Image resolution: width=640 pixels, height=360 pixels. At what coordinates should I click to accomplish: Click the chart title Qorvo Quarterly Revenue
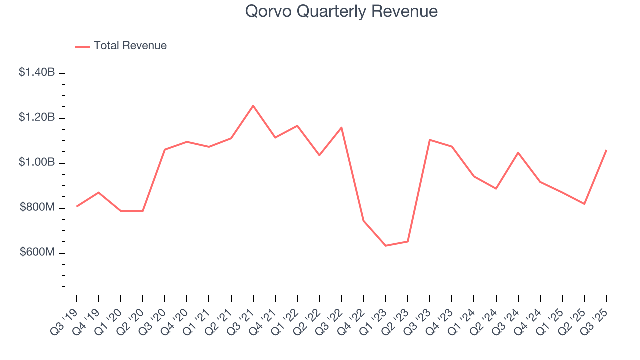pyautogui.click(x=341, y=11)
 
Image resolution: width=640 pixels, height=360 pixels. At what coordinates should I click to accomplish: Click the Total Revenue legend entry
pyautogui.click(x=121, y=46)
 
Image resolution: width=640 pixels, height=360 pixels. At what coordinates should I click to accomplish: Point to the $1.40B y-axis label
pyautogui.click(x=37, y=72)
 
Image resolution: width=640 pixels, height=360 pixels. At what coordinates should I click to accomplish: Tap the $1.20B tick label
pyautogui.click(x=37, y=117)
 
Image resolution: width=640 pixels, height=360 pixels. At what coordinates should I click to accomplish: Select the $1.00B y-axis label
pyautogui.click(x=37, y=162)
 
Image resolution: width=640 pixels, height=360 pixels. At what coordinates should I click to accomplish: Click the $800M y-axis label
pyautogui.click(x=37, y=207)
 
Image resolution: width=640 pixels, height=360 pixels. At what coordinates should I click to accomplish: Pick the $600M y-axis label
pyautogui.click(x=37, y=252)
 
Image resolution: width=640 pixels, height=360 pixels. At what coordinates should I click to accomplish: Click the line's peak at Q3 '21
pyautogui.click(x=253, y=106)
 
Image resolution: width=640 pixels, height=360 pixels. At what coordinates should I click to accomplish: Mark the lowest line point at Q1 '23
pyautogui.click(x=386, y=246)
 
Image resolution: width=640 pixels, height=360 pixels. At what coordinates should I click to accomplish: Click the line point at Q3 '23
pyautogui.click(x=430, y=140)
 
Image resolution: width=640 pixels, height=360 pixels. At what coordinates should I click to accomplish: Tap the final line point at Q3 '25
pyautogui.click(x=606, y=150)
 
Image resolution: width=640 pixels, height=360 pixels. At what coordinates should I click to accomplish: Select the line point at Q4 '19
pyautogui.click(x=98, y=192)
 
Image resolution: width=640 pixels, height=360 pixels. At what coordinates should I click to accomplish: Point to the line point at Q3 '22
pyautogui.click(x=341, y=127)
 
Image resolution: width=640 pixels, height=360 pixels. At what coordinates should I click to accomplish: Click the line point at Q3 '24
pyautogui.click(x=518, y=152)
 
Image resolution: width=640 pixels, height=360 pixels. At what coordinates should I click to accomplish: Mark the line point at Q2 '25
pyautogui.click(x=584, y=204)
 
